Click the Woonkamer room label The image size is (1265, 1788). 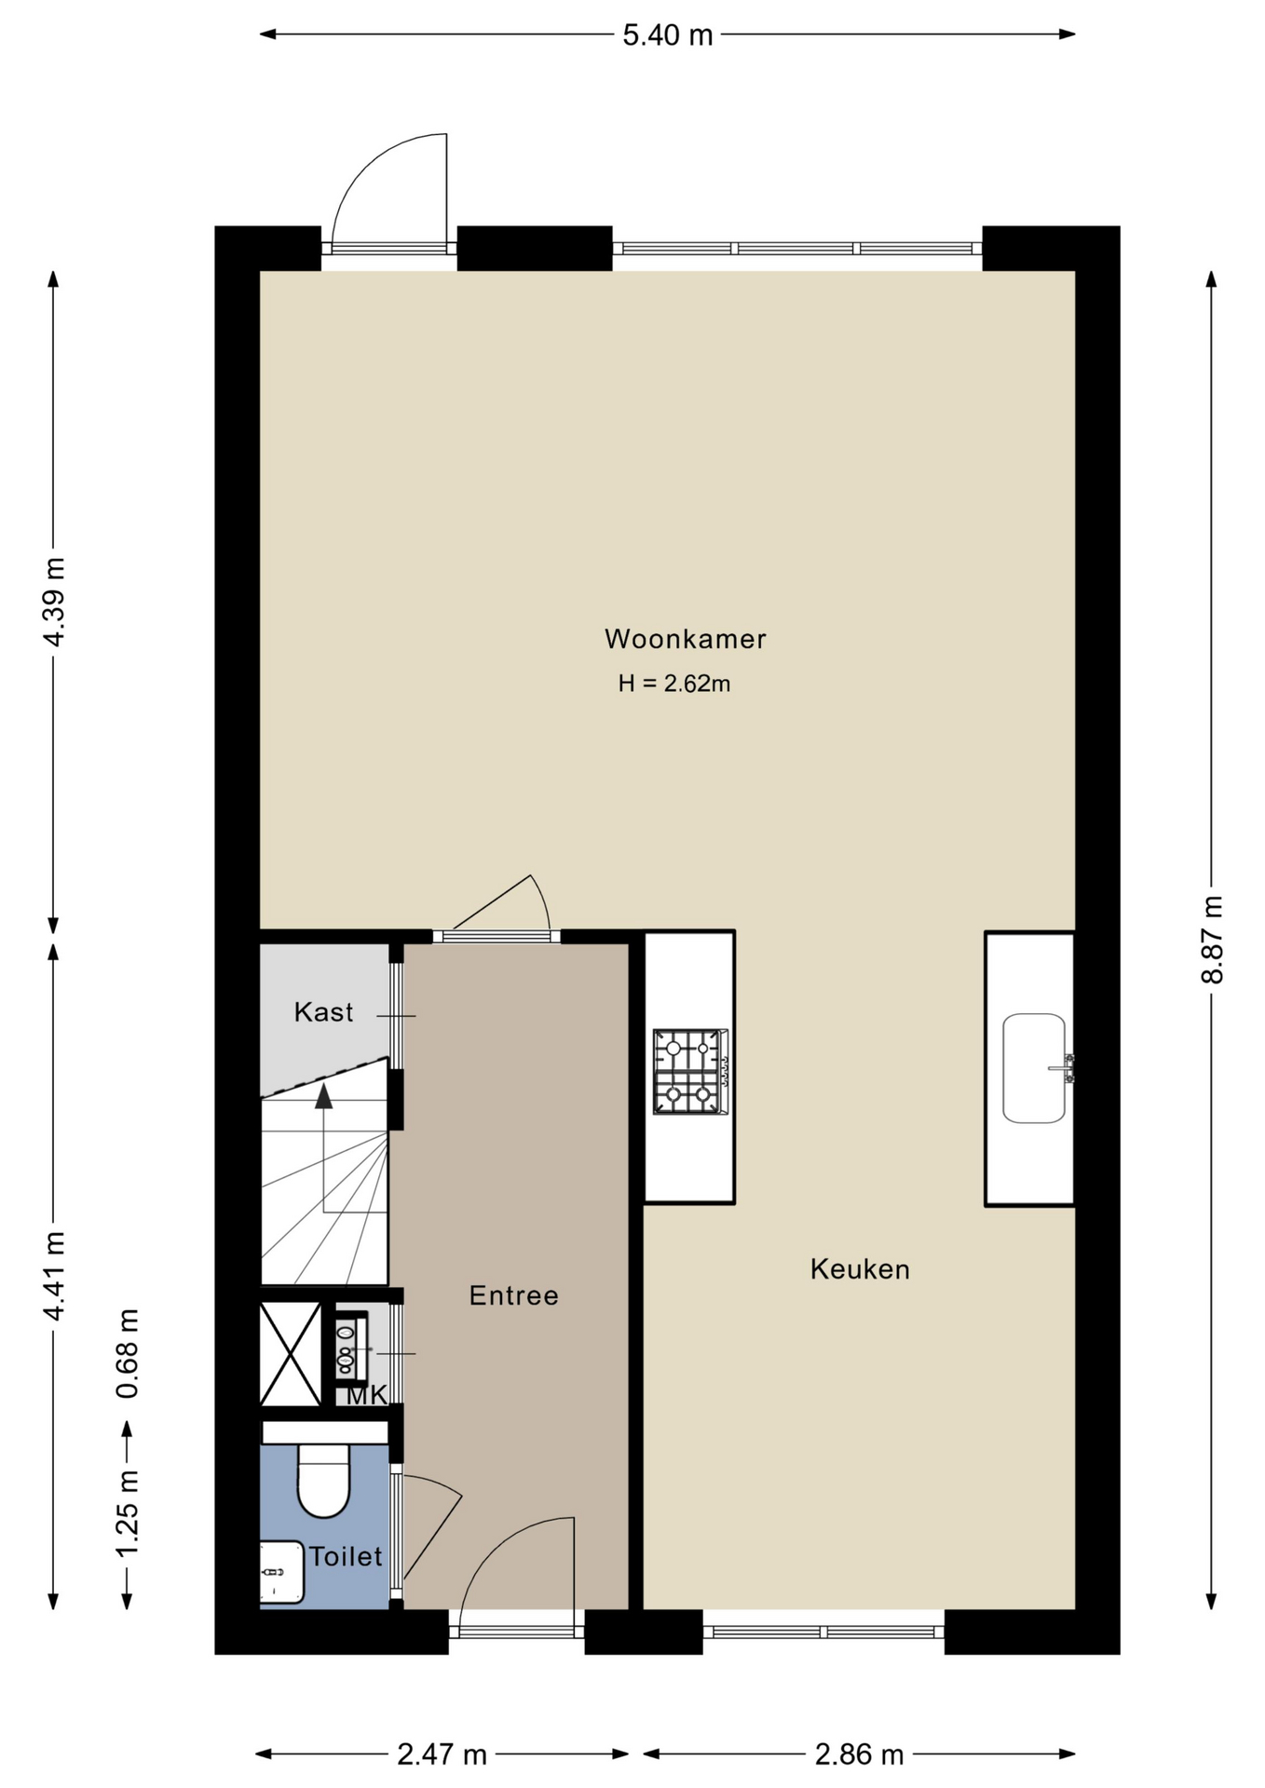click(686, 639)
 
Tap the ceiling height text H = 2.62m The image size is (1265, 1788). click(674, 684)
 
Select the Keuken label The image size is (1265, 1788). click(860, 1268)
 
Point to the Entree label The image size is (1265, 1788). click(514, 1295)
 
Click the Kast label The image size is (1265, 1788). click(323, 1011)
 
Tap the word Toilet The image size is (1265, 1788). click(346, 1556)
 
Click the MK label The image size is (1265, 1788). click(367, 1395)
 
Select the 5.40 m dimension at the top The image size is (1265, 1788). click(668, 35)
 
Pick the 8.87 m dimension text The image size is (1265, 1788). click(1212, 939)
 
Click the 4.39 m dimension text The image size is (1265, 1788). click(54, 603)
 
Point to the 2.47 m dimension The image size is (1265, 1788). click(442, 1754)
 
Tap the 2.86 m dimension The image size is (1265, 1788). click(860, 1754)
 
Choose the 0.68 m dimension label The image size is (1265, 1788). click(128, 1353)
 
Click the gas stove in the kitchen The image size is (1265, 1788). click(689, 1071)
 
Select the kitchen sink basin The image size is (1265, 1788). click(1034, 1068)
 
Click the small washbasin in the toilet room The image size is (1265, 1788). click(281, 1572)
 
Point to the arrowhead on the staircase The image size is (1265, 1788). click(323, 1096)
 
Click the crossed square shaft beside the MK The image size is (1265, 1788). click(291, 1354)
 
